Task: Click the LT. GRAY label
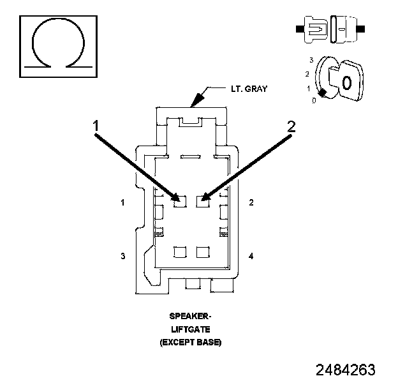(249, 89)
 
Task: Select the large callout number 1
(96, 127)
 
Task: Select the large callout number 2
(291, 127)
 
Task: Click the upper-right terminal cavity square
(203, 201)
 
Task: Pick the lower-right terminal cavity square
(203, 252)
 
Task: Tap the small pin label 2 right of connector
(251, 203)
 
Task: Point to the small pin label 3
(121, 256)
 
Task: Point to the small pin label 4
(251, 256)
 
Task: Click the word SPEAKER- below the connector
(190, 316)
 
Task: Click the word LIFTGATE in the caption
(190, 329)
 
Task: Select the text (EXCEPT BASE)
(190, 343)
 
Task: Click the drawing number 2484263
(345, 370)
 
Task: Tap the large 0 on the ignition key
(346, 82)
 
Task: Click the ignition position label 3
(310, 59)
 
